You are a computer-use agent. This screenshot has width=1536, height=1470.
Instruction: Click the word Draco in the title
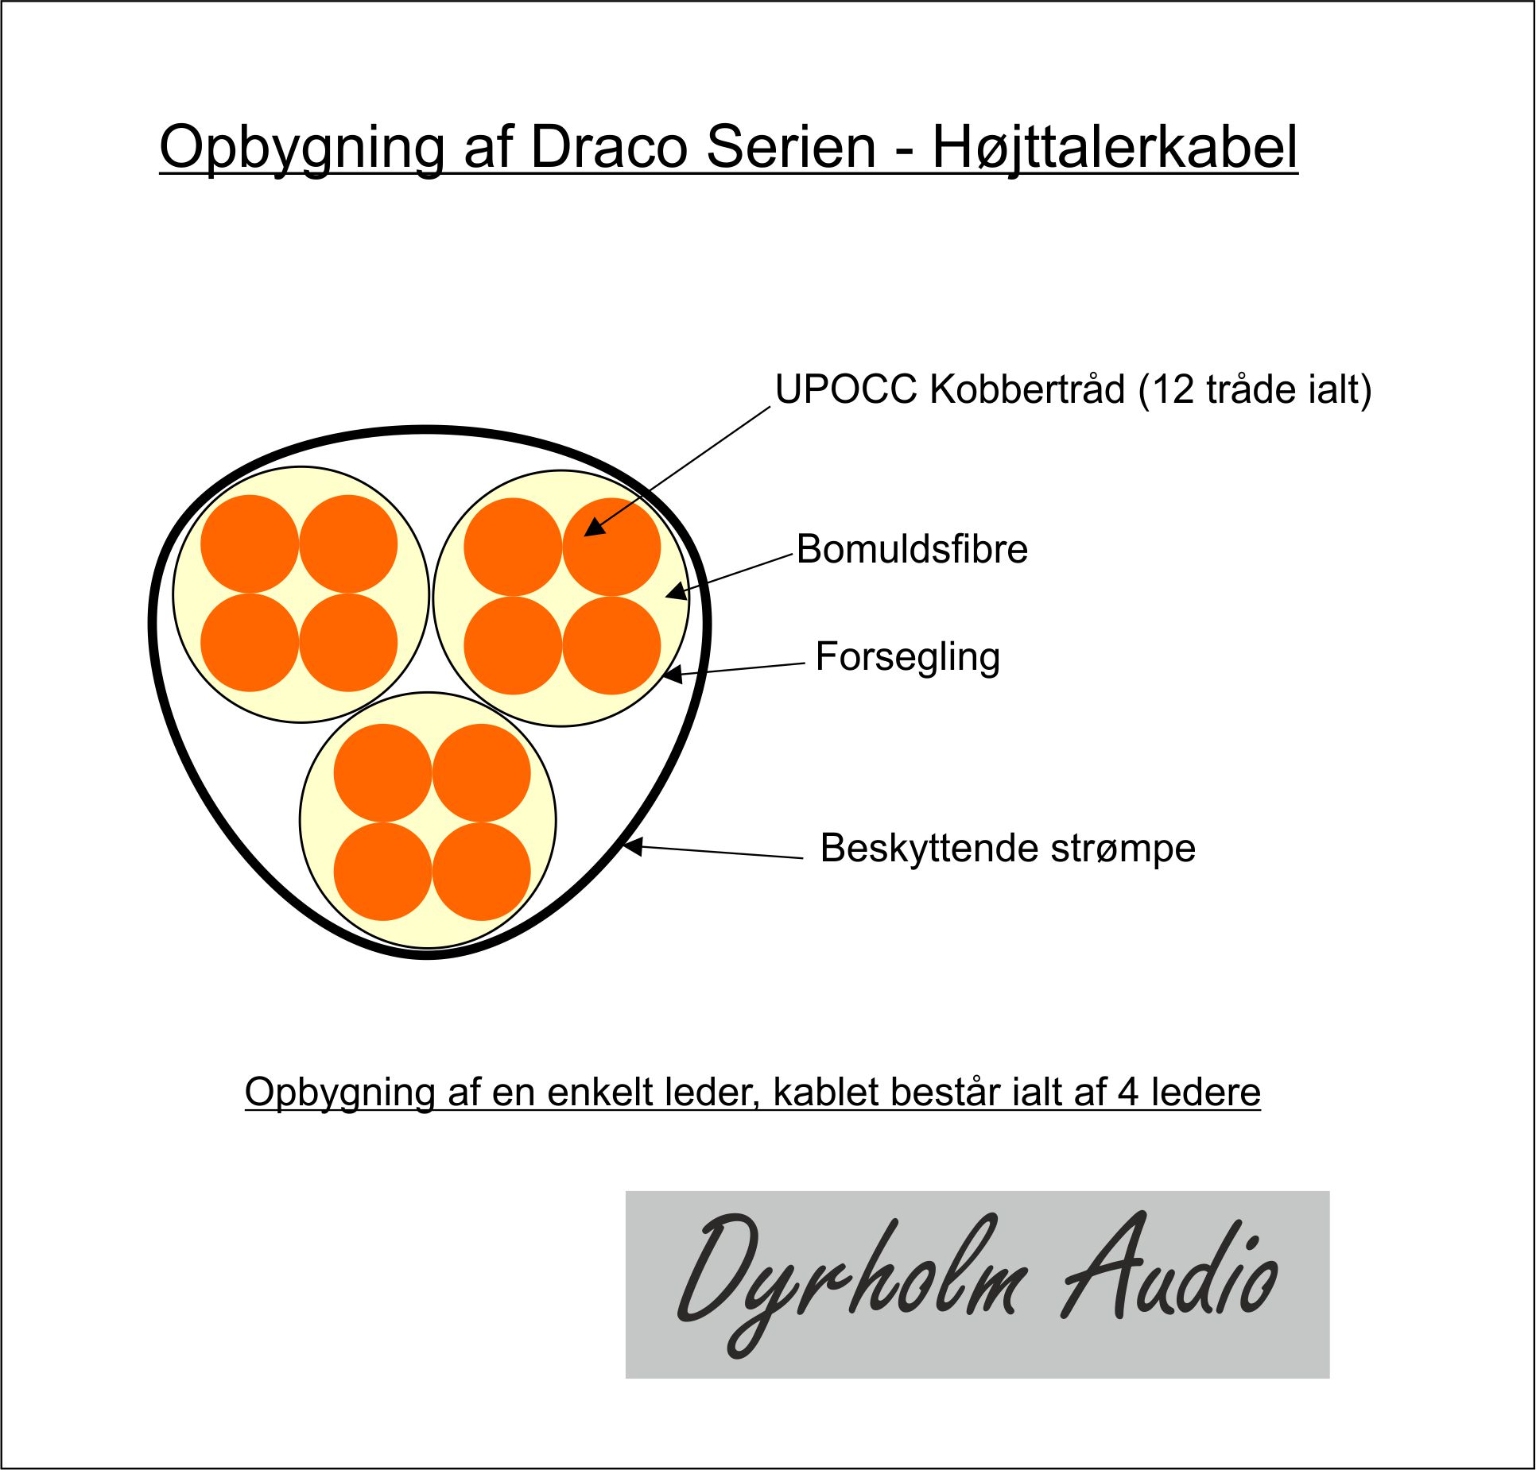pyautogui.click(x=608, y=147)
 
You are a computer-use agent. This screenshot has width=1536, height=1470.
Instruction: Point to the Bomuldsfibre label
pyautogui.click(x=912, y=549)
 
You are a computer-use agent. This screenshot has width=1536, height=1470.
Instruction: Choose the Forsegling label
pyautogui.click(x=908, y=658)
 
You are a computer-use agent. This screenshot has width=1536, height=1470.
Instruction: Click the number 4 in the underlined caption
pyautogui.click(x=1128, y=1093)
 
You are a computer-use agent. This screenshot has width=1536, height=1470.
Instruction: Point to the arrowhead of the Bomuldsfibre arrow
pyautogui.click(x=676, y=592)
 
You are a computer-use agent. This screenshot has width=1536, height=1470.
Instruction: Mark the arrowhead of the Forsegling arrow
pyautogui.click(x=673, y=675)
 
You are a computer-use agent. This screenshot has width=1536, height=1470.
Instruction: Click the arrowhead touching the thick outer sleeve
pyautogui.click(x=633, y=847)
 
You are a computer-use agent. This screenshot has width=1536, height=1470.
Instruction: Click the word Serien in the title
pyautogui.click(x=791, y=147)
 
